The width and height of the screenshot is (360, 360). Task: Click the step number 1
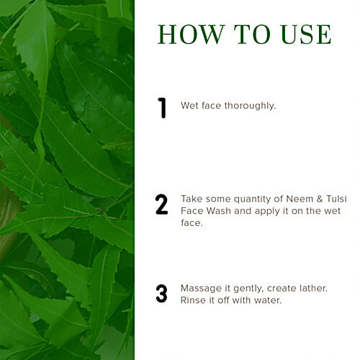162,107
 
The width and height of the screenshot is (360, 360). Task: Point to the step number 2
162,204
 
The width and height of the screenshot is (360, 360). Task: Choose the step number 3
162,294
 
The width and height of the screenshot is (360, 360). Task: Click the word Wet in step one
189,106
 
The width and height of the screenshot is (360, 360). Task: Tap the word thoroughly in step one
251,106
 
